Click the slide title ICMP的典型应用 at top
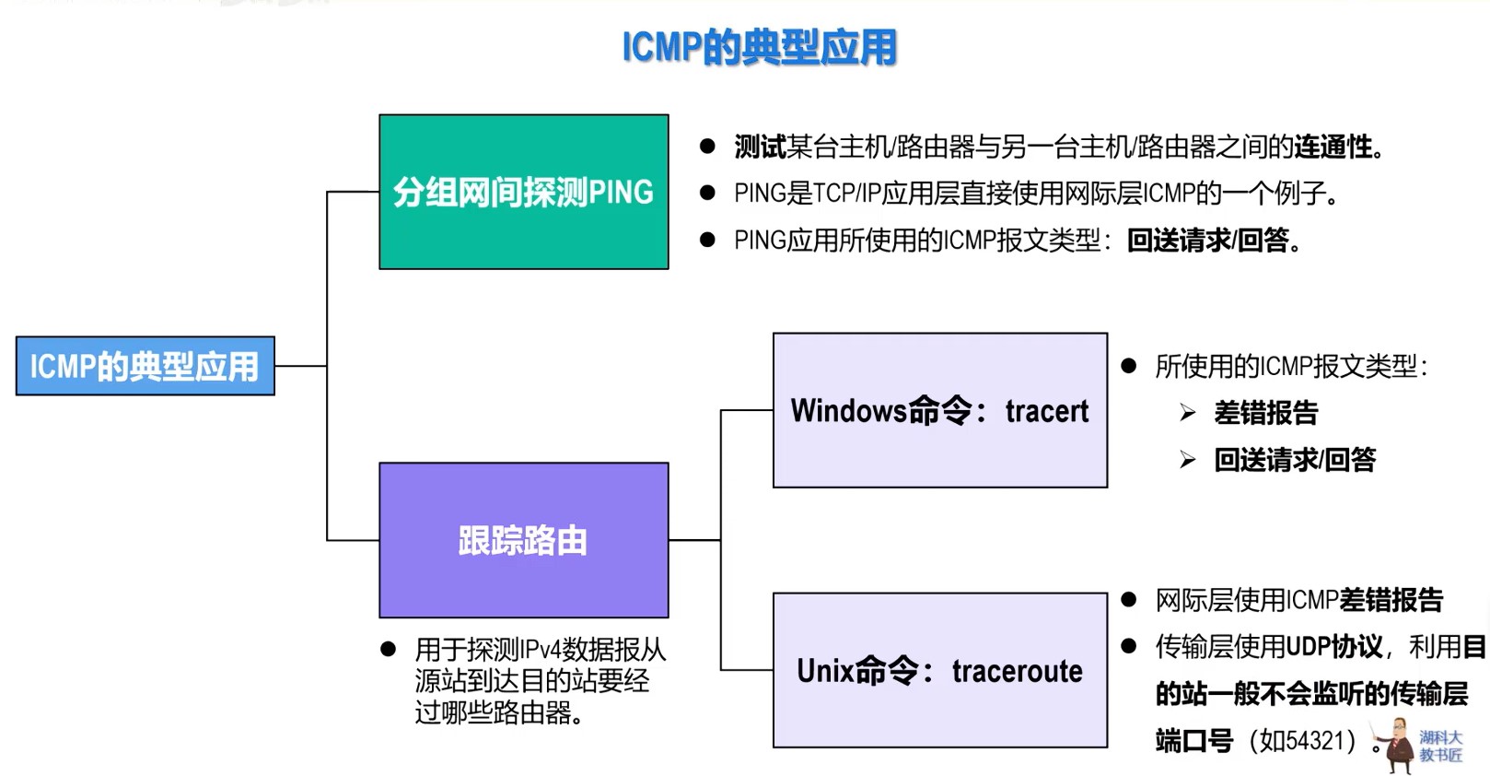[759, 47]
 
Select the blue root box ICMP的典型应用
[145, 366]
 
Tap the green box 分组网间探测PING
[523, 192]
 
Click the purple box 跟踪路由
[523, 540]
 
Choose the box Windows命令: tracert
[939, 410]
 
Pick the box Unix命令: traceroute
[939, 670]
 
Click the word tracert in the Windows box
[1046, 411]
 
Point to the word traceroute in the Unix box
[1017, 671]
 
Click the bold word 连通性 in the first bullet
[1333, 147]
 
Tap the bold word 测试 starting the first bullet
[760, 147]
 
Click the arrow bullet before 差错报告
[1188, 413]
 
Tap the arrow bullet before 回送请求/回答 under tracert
[1188, 459]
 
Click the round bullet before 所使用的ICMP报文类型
[1129, 366]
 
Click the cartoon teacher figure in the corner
[1397, 745]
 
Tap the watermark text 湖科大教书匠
[1440, 747]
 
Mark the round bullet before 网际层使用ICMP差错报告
[1129, 600]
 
